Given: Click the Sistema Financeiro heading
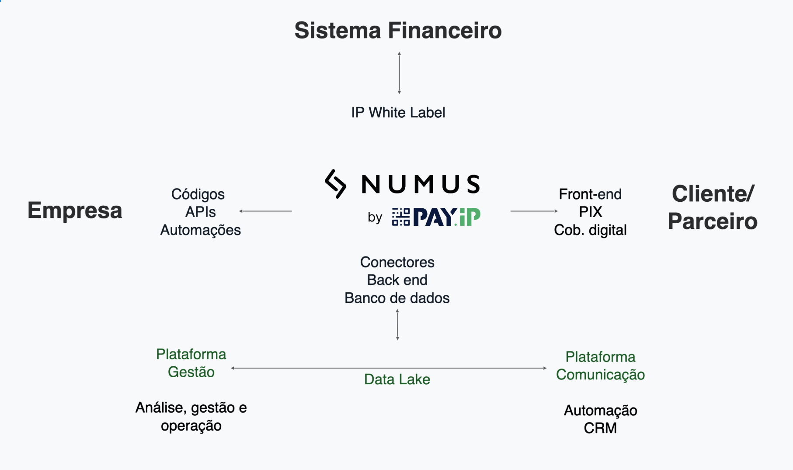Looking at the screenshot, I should coord(398,31).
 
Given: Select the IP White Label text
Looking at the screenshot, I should coord(398,112).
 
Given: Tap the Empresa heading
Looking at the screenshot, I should coord(75,210).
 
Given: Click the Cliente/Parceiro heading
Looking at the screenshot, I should coord(713,207).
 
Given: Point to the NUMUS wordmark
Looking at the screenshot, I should coord(421,184).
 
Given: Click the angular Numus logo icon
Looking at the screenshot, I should coord(336,184).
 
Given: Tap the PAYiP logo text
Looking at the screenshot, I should coord(446,217).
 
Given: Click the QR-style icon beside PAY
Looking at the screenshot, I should coord(400,217).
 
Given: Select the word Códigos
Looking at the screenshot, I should coord(198,194).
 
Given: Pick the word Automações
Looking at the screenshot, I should coord(200,230).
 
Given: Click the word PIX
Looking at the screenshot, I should coord(590,212).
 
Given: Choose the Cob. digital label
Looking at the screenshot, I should coord(590,230).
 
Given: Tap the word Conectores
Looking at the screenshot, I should coord(397,262).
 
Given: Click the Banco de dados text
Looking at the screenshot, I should coord(397,298).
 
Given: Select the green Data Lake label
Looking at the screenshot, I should coord(397,379).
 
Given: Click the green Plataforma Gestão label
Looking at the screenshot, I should coord(191,363).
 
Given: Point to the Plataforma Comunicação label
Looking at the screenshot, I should coord(600,365).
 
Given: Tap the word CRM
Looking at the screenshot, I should coord(600,428).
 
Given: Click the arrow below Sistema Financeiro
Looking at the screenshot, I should coord(399,73).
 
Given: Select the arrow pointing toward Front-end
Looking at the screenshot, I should coord(534,211).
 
